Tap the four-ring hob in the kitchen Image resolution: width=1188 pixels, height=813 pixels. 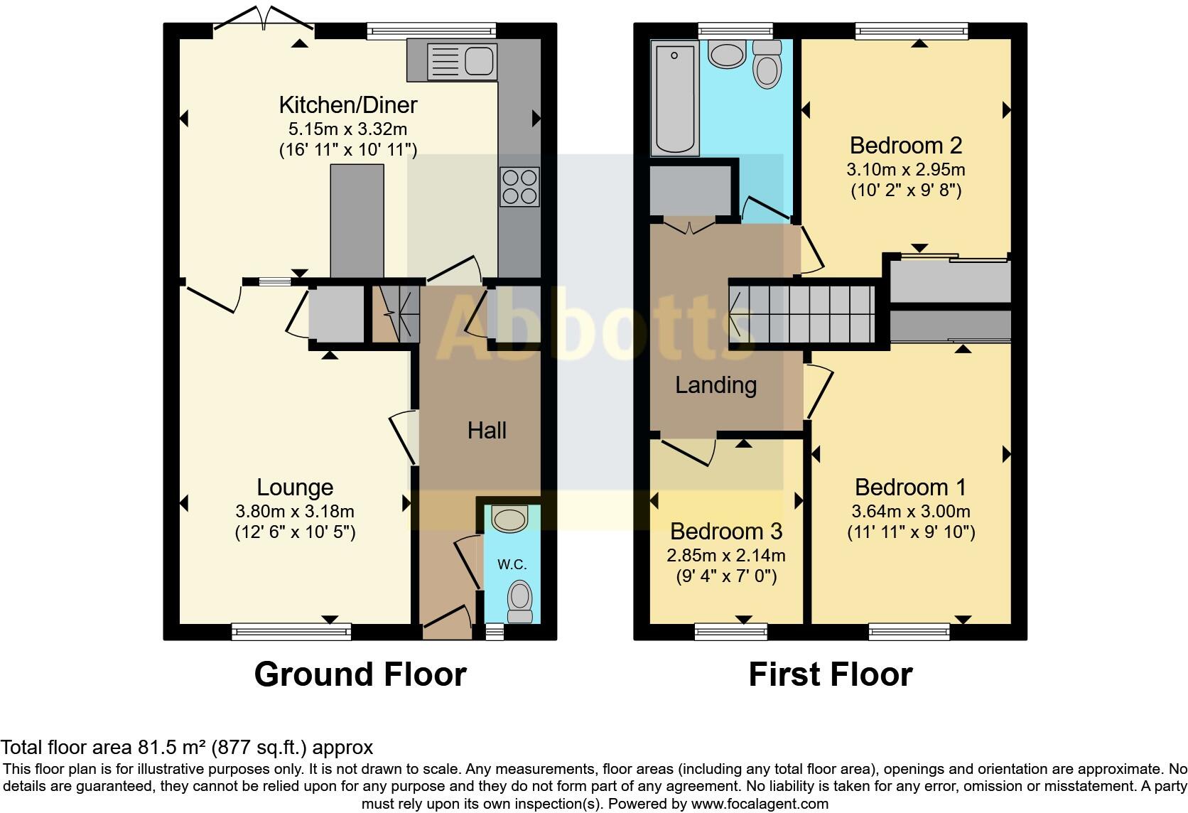(519, 186)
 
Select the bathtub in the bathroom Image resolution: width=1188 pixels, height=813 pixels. (674, 97)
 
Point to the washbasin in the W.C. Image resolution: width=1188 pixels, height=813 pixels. (509, 519)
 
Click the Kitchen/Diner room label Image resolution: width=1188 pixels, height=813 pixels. (347, 105)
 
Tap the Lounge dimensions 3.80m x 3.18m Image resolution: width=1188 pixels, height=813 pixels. (295, 511)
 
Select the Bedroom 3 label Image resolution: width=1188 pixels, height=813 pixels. (725, 531)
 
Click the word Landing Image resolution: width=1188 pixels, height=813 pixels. (715, 385)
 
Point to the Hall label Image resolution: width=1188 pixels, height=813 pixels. (487, 430)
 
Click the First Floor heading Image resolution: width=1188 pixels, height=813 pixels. (830, 674)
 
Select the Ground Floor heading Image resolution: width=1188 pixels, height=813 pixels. (360, 674)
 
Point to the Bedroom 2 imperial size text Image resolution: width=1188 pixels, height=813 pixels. (905, 190)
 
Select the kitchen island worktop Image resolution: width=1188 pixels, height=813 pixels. (357, 221)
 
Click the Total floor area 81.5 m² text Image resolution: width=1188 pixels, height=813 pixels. (187, 747)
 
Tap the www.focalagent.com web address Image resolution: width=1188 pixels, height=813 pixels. (760, 804)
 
